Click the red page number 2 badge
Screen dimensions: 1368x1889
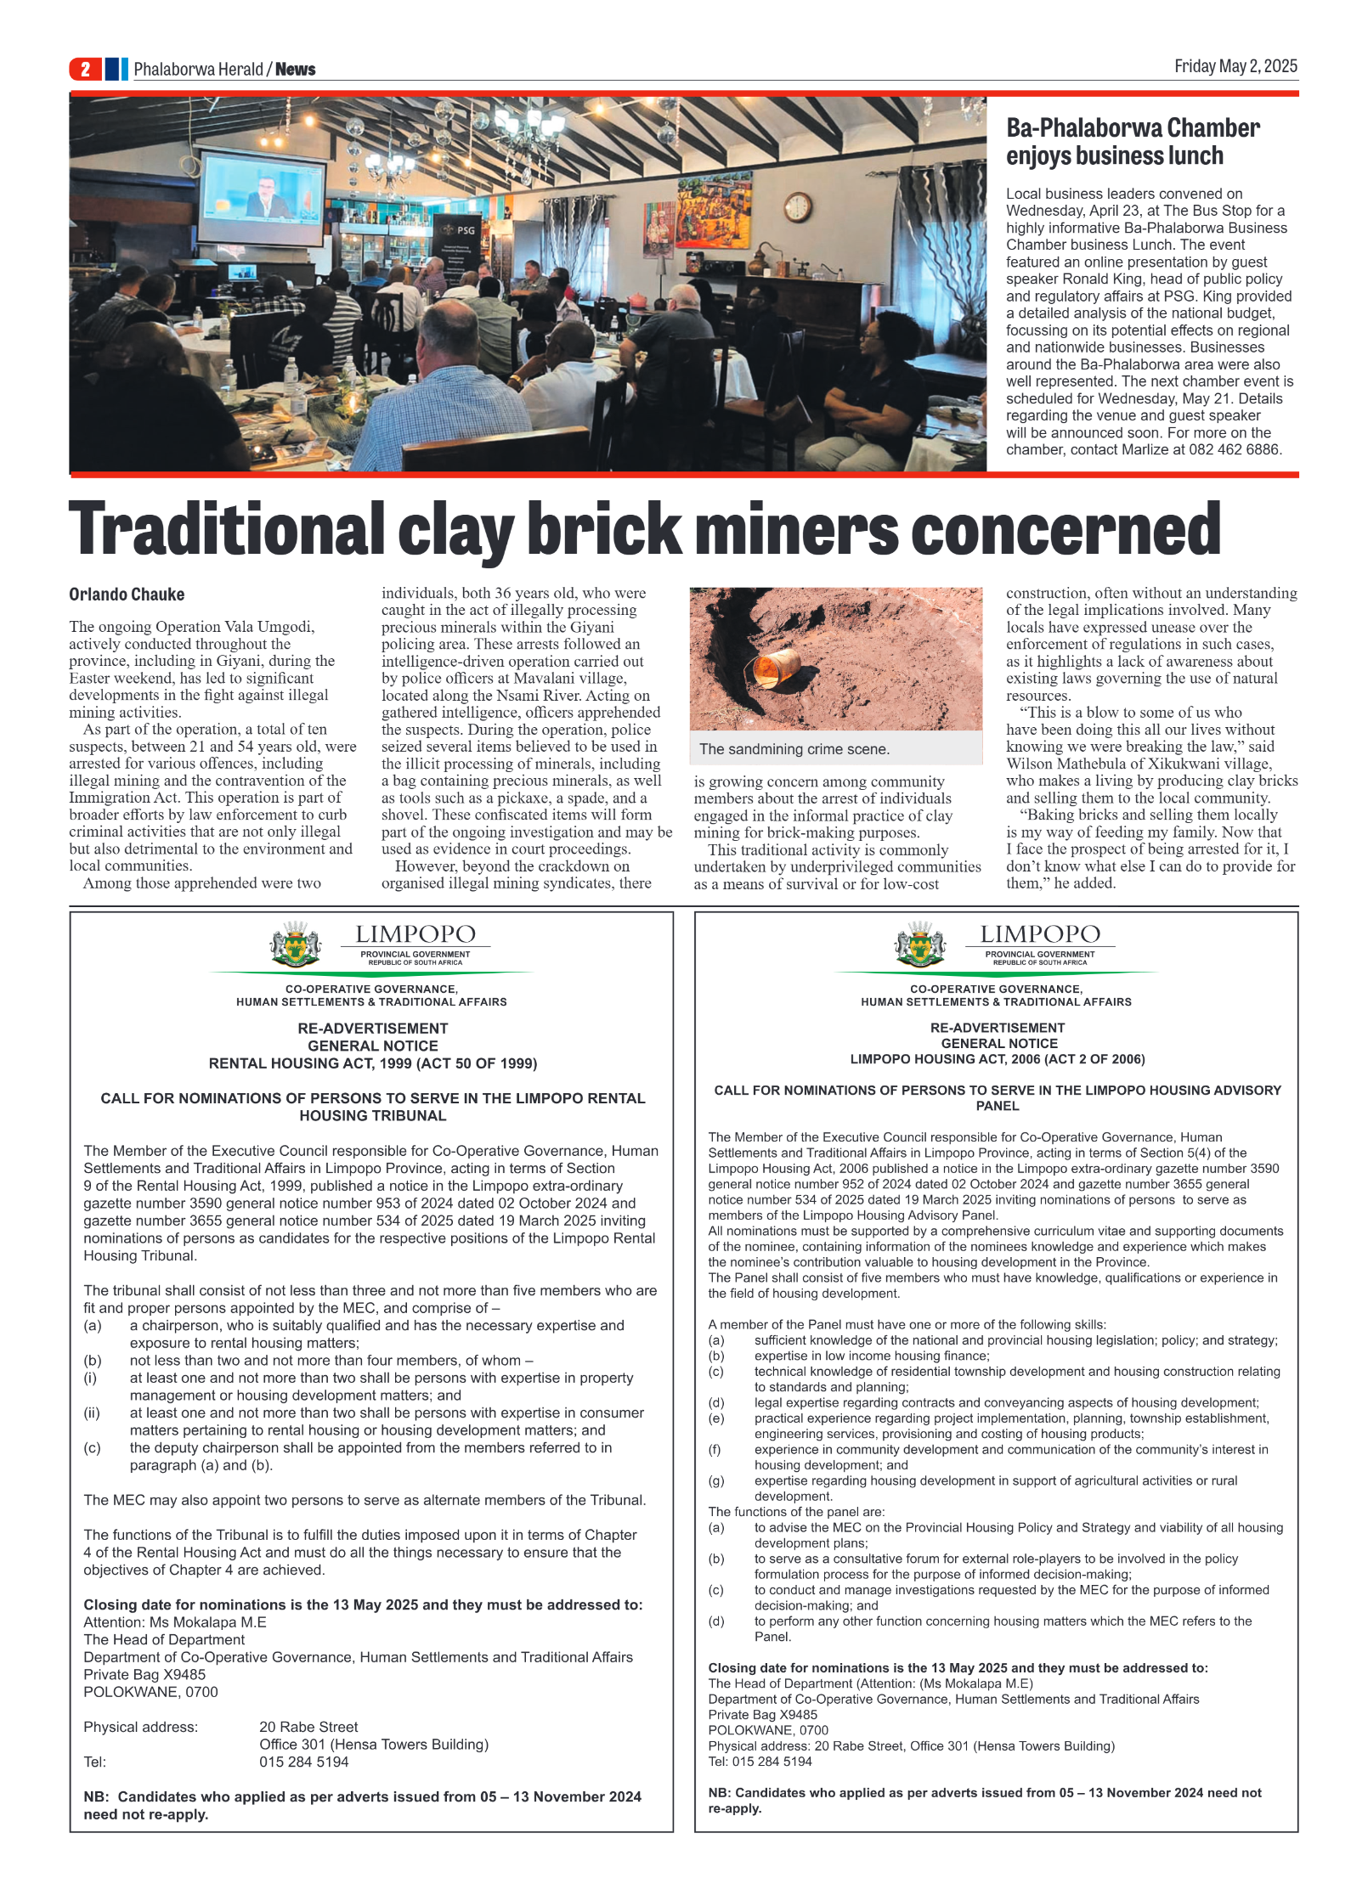pyautogui.click(x=85, y=69)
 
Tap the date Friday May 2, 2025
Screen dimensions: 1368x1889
pyautogui.click(x=1235, y=66)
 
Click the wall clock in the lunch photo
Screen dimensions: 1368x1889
pyautogui.click(x=797, y=206)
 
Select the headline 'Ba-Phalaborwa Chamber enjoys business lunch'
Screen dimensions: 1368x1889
pyautogui.click(x=1132, y=142)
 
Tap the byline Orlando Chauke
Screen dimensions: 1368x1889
pyautogui.click(x=127, y=595)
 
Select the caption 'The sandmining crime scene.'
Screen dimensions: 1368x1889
pyautogui.click(x=794, y=749)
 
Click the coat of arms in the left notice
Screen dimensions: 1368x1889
pyautogui.click(x=295, y=944)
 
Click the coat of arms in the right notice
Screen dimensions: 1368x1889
pyautogui.click(x=919, y=944)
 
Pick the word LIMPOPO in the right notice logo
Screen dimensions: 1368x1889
pyautogui.click(x=1039, y=934)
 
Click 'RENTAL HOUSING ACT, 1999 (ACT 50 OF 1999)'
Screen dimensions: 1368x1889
pyautogui.click(x=372, y=1063)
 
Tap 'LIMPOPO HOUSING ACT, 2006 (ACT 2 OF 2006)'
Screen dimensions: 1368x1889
pyautogui.click(x=997, y=1059)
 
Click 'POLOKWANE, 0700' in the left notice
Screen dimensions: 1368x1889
pyautogui.click(x=150, y=1692)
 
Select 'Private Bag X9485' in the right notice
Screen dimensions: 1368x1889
pyautogui.click(x=762, y=1715)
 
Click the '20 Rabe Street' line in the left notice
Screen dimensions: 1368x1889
pyautogui.click(x=308, y=1727)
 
